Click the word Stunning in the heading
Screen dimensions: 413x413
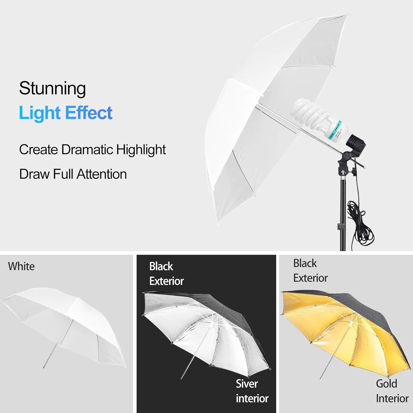point(52,89)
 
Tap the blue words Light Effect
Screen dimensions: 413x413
point(66,113)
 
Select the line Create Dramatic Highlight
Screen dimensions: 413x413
point(92,150)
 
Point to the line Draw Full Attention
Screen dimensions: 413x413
point(73,174)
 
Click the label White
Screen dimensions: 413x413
point(21,267)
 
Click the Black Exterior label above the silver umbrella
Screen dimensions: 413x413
point(166,274)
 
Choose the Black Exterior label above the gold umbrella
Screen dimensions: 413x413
point(310,271)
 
